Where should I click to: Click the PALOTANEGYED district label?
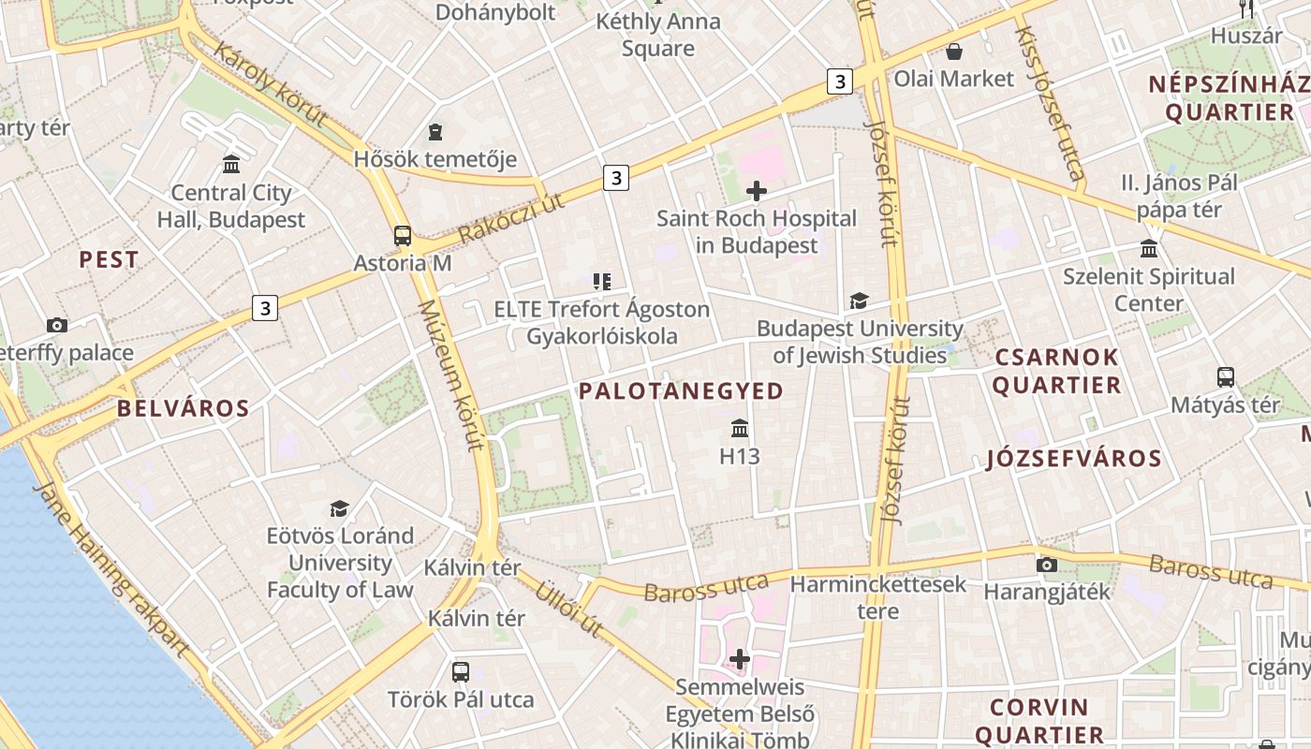pyautogui.click(x=681, y=391)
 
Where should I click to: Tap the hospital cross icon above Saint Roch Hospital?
pyautogui.click(x=757, y=192)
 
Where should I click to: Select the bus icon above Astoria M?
pyautogui.click(x=403, y=236)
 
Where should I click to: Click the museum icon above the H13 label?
pyautogui.click(x=740, y=429)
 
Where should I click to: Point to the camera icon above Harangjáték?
pyautogui.click(x=1047, y=565)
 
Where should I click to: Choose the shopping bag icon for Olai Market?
pyautogui.click(x=953, y=51)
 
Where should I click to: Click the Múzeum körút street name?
pyautogui.click(x=450, y=374)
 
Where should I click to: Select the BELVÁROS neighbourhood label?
pyautogui.click(x=184, y=408)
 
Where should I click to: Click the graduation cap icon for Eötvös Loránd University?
pyautogui.click(x=339, y=508)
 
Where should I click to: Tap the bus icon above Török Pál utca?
pyautogui.click(x=461, y=671)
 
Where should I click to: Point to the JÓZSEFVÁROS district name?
pyautogui.click(x=1074, y=459)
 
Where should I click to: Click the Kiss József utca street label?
pyautogui.click(x=1051, y=103)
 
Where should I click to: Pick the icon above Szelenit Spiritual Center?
pyautogui.click(x=1149, y=249)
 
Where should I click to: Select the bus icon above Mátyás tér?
pyautogui.click(x=1225, y=377)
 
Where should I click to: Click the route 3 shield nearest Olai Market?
pyautogui.click(x=839, y=81)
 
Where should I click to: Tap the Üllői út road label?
pyautogui.click(x=567, y=609)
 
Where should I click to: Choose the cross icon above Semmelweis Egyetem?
pyautogui.click(x=740, y=659)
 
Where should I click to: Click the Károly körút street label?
pyautogui.click(x=270, y=84)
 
